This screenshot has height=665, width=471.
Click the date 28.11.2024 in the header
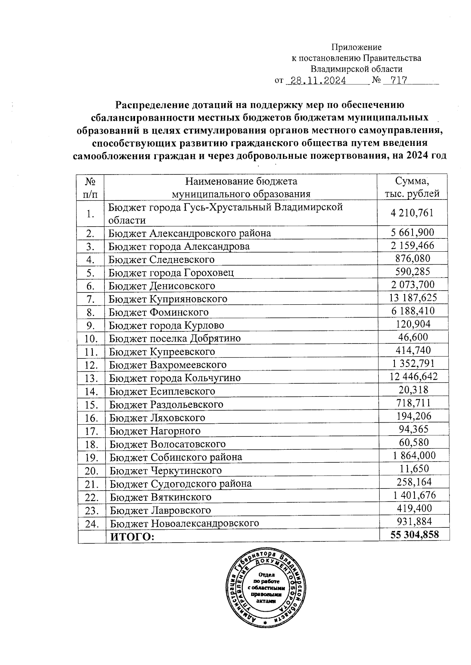[x=316, y=81]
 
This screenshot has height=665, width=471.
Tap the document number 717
[x=396, y=81]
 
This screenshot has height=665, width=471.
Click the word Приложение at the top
[x=356, y=47]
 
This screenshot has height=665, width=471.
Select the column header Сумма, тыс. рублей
[x=412, y=187]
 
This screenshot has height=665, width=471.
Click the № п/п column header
[x=91, y=187]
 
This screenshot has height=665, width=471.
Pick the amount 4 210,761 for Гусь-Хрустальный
[x=412, y=213]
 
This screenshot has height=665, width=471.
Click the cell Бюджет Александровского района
[x=190, y=234]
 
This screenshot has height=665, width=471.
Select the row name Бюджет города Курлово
[x=166, y=325]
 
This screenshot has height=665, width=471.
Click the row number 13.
[x=91, y=378]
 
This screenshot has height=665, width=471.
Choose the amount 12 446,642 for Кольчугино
[x=413, y=377]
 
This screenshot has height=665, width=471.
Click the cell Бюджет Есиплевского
[x=162, y=391]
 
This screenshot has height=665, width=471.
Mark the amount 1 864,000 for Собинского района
[x=414, y=455]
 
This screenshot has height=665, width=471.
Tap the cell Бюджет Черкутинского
[x=166, y=471]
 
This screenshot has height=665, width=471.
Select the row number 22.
[x=91, y=498]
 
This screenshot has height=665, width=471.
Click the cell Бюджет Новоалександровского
[x=184, y=523]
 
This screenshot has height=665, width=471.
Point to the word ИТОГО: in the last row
[x=132, y=537]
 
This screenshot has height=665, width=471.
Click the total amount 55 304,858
[x=414, y=535]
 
